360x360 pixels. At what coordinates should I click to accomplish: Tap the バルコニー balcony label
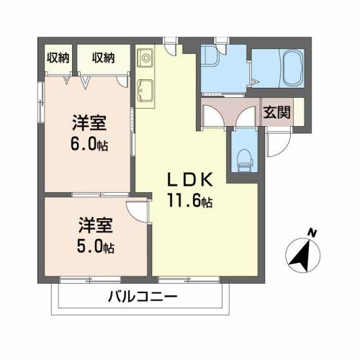point(143,296)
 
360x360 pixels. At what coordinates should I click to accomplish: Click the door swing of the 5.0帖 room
point(137,212)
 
